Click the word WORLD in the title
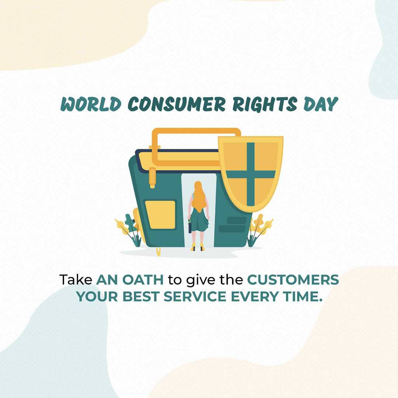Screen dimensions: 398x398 [x=91, y=104]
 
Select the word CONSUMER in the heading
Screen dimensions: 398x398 [x=177, y=104]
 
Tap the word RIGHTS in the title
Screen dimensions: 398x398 [x=265, y=104]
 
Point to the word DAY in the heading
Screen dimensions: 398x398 [x=321, y=104]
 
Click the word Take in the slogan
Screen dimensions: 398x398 [x=76, y=280]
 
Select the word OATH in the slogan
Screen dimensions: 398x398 [x=143, y=280]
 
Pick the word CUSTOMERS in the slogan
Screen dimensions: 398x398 [x=293, y=280]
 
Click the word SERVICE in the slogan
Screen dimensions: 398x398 [x=195, y=296]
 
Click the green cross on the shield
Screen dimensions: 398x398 [x=251, y=174]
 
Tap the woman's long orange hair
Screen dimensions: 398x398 [x=198, y=197]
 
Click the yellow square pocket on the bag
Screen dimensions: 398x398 [x=160, y=215]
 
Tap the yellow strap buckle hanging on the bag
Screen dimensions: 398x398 [x=152, y=178]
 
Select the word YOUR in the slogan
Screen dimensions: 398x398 [x=97, y=296]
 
